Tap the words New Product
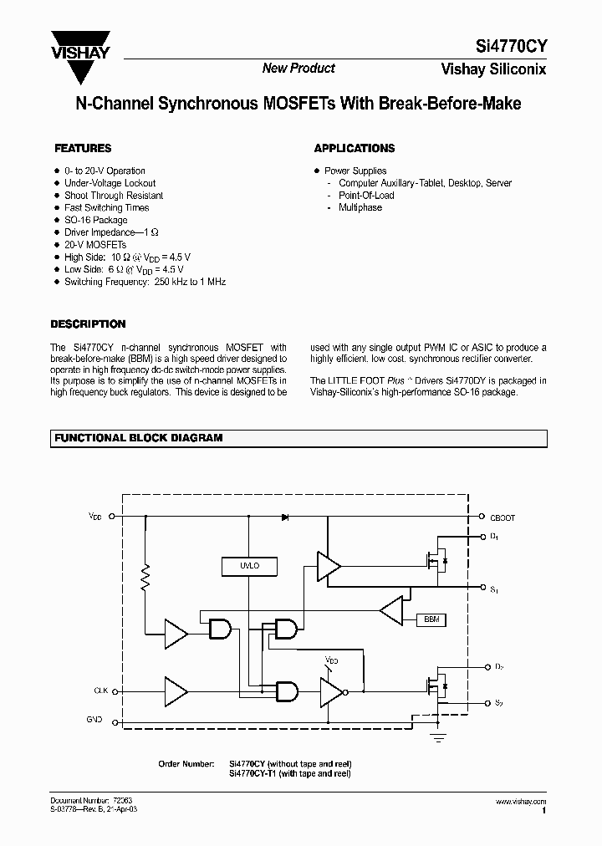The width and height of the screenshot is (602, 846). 298,69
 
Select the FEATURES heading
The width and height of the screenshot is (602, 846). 83,149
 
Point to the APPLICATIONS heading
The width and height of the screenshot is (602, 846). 355,149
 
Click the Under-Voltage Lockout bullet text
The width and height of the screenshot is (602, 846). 110,183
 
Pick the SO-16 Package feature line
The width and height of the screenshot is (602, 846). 96,220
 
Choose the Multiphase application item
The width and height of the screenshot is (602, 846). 360,207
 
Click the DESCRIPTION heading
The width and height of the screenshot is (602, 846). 89,324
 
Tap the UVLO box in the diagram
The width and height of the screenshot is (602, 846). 249,566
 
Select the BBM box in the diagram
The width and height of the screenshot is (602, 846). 431,619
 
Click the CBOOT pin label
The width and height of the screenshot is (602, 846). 503,518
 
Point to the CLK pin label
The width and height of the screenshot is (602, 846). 100,691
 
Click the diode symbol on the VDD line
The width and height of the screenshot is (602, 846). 285,518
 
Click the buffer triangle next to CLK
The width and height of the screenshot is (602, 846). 176,691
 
